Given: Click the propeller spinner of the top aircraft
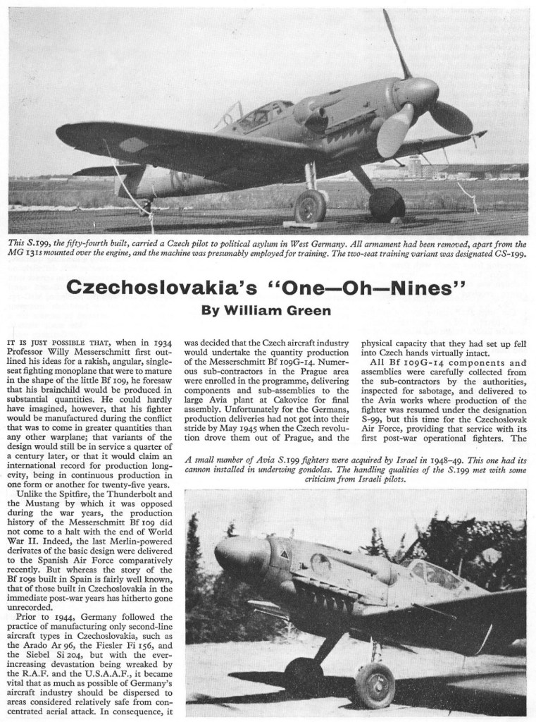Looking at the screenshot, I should tap(421, 92).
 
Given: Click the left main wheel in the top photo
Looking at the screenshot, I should tap(310, 206).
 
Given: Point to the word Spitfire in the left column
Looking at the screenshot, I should tap(67, 494).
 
